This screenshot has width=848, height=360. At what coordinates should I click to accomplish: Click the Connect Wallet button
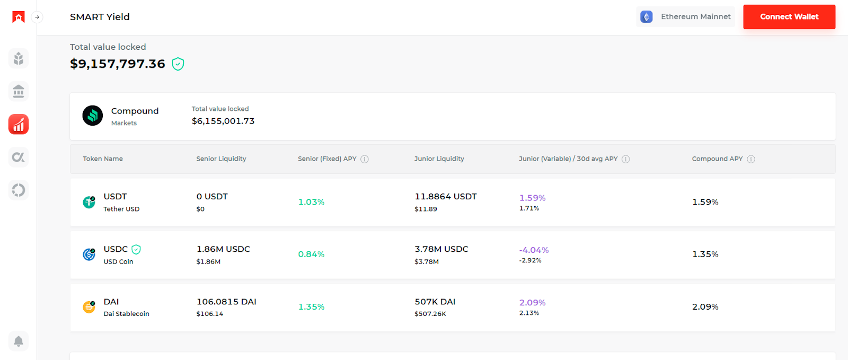[x=789, y=17]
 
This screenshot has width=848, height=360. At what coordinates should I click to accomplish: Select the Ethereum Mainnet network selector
[x=685, y=17]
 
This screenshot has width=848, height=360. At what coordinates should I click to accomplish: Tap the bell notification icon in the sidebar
[x=19, y=341]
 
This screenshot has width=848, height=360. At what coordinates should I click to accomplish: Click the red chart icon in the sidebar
[x=19, y=125]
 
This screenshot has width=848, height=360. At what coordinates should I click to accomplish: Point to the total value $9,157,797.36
[x=118, y=64]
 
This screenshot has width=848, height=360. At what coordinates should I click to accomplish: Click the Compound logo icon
[x=93, y=116]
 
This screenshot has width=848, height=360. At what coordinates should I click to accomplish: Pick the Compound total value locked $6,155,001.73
[x=223, y=121]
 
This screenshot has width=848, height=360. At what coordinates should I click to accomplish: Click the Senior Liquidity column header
[x=221, y=159]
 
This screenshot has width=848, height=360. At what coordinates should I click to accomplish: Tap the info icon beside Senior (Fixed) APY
[x=365, y=159]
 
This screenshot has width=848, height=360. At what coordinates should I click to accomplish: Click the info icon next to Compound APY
[x=751, y=159]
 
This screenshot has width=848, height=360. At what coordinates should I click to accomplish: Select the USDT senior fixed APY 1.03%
[x=311, y=202]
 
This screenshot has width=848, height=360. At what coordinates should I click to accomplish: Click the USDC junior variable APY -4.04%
[x=534, y=250]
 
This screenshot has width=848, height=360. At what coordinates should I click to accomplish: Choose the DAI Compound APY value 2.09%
[x=705, y=307]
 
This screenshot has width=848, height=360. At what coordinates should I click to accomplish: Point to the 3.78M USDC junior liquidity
[x=441, y=249]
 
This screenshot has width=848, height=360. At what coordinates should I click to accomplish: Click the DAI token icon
[x=89, y=307]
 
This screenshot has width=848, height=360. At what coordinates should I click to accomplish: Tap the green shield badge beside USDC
[x=136, y=249]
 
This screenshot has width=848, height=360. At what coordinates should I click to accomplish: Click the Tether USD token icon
[x=89, y=202]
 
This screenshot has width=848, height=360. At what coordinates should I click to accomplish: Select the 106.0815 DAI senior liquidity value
[x=226, y=302]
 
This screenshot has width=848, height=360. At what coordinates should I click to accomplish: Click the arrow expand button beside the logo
[x=37, y=17]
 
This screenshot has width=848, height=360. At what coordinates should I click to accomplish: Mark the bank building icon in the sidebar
[x=19, y=92]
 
